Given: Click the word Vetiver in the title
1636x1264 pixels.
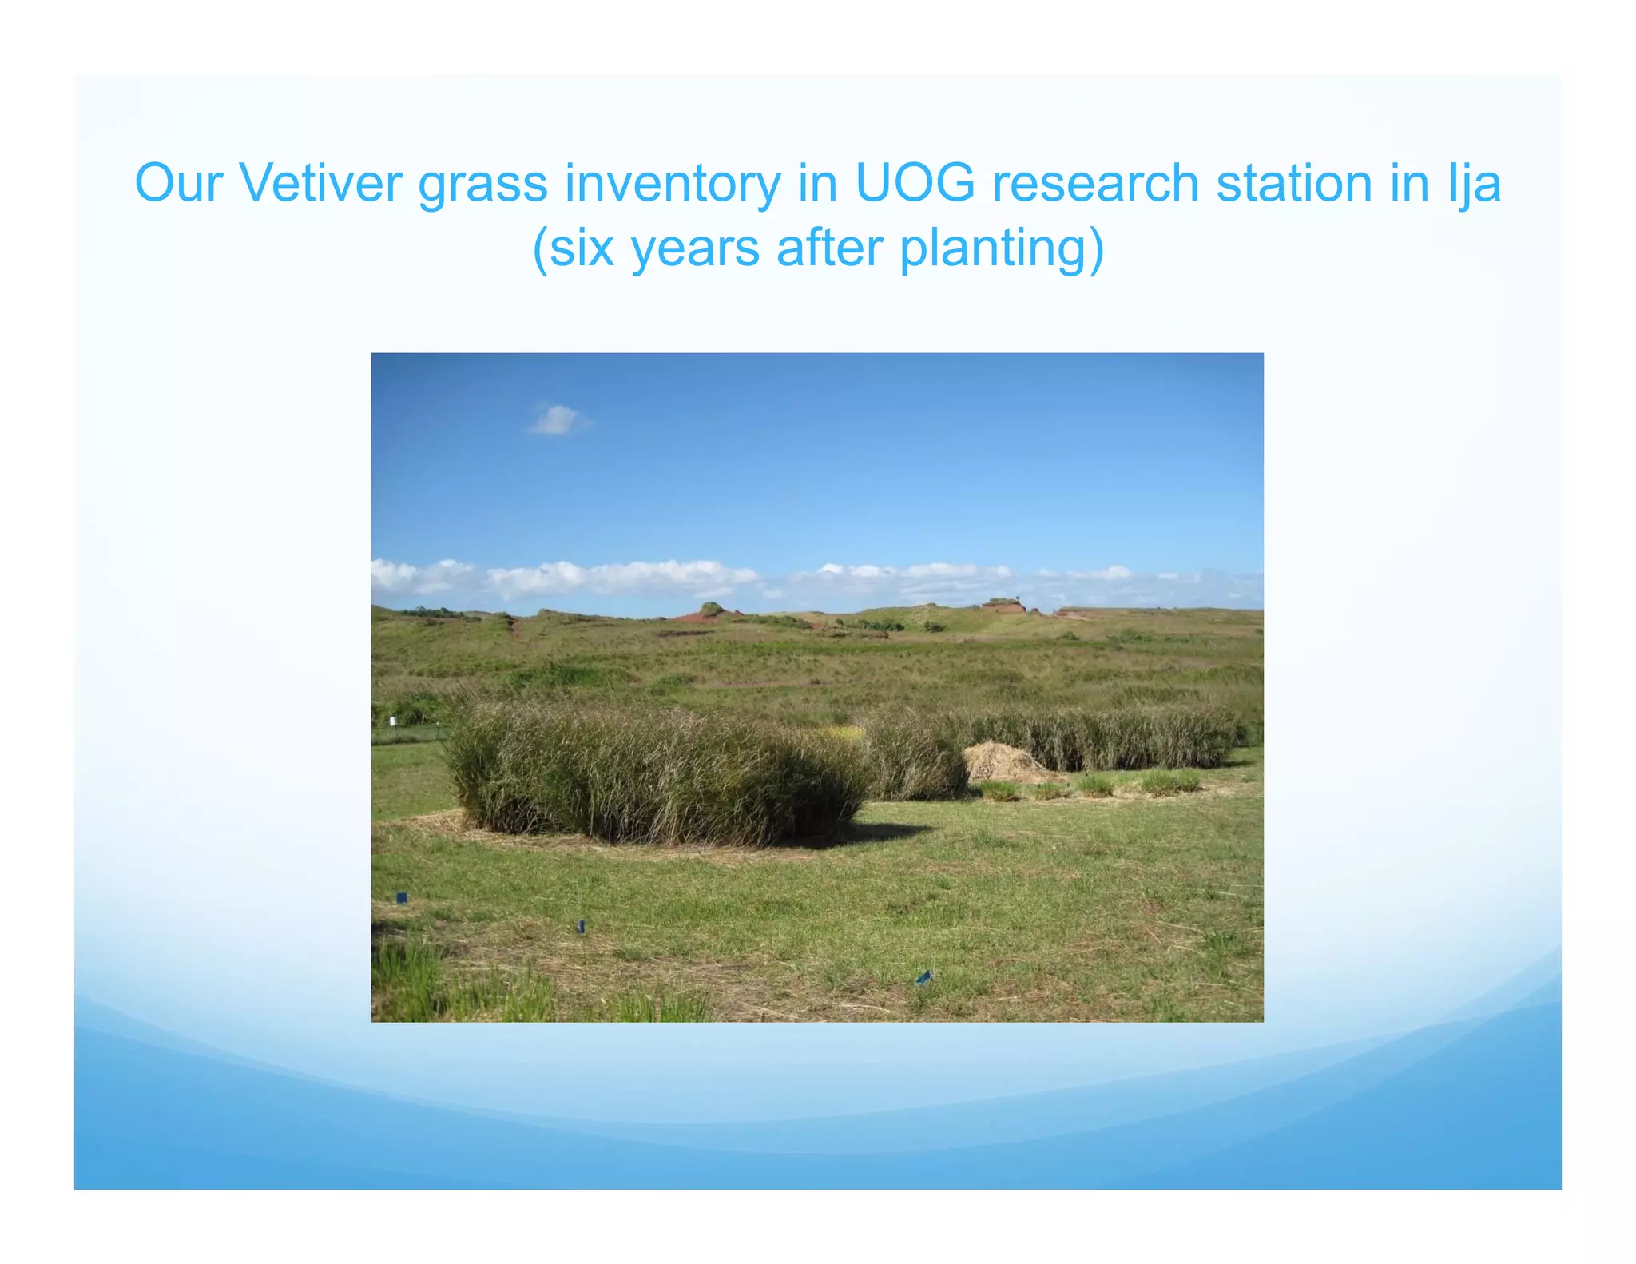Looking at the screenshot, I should tap(320, 184).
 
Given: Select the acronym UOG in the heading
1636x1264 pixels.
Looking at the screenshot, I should tap(915, 184).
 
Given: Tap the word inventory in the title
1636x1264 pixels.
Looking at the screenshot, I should tap(672, 184).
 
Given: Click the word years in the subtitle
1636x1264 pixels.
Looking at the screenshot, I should tap(695, 249).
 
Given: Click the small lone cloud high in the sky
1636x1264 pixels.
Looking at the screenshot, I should tap(557, 419).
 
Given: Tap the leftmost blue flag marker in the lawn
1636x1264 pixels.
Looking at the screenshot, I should tap(402, 897).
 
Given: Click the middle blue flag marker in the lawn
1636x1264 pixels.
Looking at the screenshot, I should tap(581, 925).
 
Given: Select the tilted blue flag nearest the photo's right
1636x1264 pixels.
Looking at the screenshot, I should tap(923, 976).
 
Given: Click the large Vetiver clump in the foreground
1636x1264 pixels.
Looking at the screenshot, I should tap(655, 775).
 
